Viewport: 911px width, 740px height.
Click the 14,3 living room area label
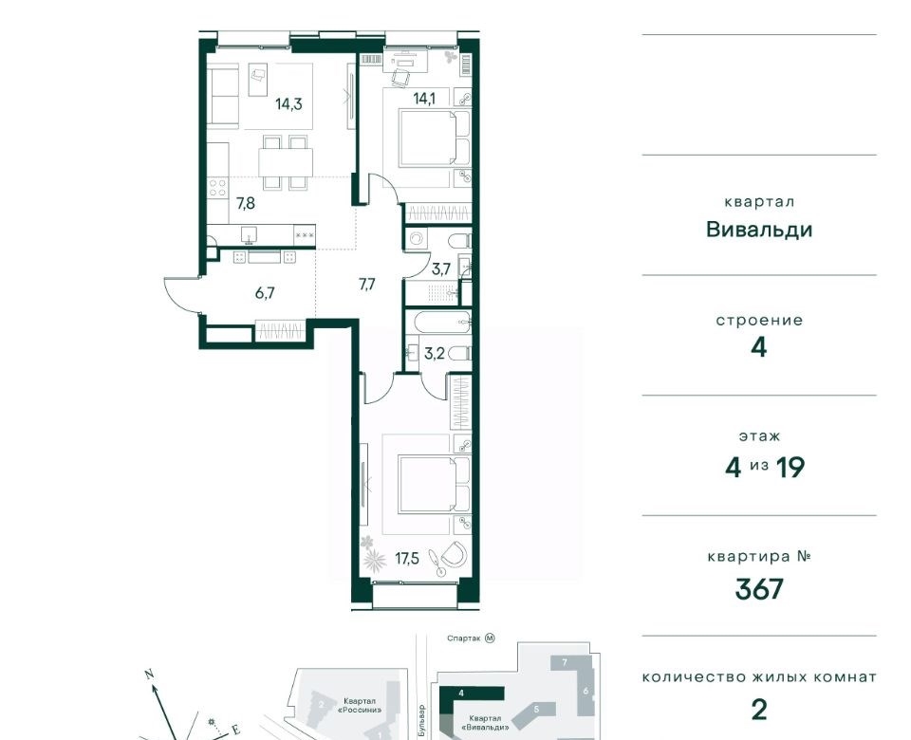point(288,104)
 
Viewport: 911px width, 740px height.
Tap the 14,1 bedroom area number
point(423,98)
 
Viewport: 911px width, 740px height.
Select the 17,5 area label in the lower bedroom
point(407,560)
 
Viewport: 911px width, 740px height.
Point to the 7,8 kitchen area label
point(245,203)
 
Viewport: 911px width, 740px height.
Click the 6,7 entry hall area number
point(265,293)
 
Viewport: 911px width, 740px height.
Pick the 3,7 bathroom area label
point(441,268)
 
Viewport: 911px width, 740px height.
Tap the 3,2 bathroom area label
point(434,353)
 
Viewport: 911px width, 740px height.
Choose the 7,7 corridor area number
point(366,285)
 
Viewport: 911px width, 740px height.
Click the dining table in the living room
point(286,162)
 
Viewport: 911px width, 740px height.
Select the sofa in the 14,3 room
point(224,96)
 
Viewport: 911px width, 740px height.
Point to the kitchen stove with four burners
point(218,189)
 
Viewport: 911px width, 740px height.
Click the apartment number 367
point(759,589)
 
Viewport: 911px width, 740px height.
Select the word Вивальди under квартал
point(759,230)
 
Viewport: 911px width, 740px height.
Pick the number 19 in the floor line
point(790,467)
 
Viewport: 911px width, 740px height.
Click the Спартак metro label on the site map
point(463,638)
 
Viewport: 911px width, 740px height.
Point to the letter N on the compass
point(149,675)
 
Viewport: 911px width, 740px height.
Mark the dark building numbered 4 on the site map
point(471,693)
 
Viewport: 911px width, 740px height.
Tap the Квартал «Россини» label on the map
point(362,705)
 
